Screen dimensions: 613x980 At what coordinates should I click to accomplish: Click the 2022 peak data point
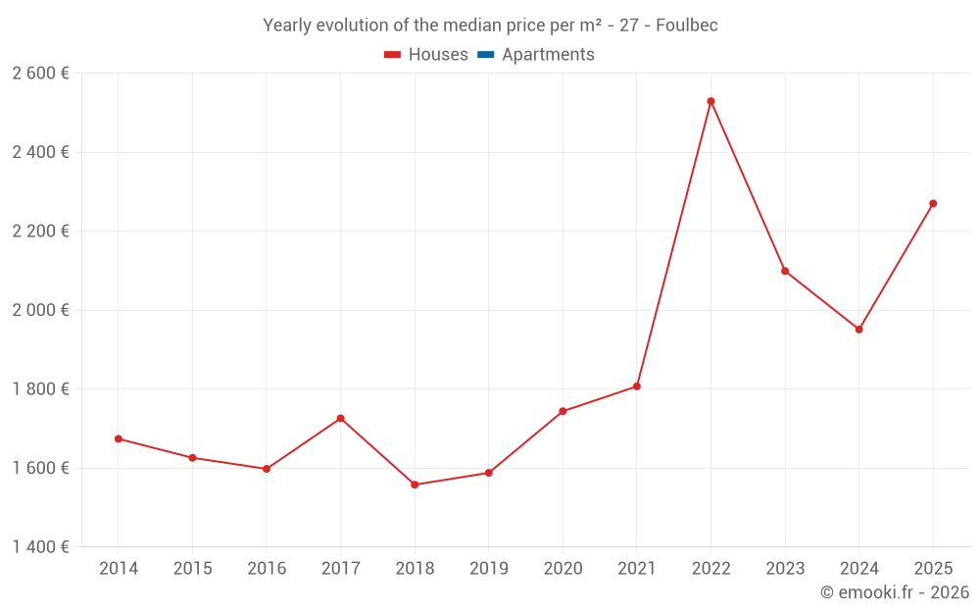[x=710, y=101]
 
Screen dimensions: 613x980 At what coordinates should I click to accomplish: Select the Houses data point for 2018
[x=415, y=485]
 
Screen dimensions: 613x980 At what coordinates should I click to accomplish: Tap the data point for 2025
[x=933, y=204]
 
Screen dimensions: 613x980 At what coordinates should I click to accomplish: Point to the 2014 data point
[x=119, y=438]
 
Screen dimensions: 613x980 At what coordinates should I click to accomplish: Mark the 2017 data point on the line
[x=340, y=419]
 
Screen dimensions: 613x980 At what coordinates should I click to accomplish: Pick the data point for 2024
[x=858, y=330]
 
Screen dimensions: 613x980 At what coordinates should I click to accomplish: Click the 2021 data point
[x=637, y=386]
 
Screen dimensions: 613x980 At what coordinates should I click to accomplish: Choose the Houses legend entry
[x=426, y=55]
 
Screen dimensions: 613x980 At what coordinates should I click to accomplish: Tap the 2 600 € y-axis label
[x=41, y=74]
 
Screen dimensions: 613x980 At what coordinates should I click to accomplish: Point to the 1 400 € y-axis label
[x=41, y=546]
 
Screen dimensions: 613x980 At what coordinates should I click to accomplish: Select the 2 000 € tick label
[x=41, y=310]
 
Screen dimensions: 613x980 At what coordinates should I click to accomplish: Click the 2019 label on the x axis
[x=488, y=569]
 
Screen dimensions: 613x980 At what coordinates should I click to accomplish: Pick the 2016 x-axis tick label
[x=267, y=569]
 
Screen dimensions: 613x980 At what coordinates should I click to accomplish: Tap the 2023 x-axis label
[x=785, y=569]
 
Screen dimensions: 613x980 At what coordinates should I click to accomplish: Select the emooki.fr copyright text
[x=895, y=592]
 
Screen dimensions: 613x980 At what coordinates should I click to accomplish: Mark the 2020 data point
[x=563, y=411]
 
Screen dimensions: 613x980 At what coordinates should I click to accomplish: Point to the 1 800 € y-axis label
[x=41, y=388]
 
